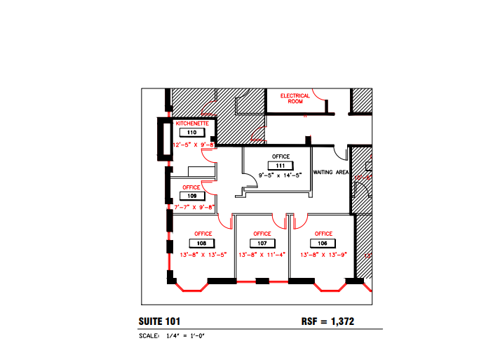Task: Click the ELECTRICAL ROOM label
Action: pyautogui.click(x=295, y=98)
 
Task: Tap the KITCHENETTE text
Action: pyautogui.click(x=191, y=124)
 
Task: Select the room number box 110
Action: pyautogui.click(x=191, y=133)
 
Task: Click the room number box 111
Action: pyautogui.click(x=279, y=166)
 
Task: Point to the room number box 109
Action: pyautogui.click(x=192, y=196)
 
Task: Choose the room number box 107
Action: pyautogui.click(x=262, y=243)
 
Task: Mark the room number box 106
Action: pyautogui.click(x=323, y=243)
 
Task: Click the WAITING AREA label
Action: pyautogui.click(x=330, y=172)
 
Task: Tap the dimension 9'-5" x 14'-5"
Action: pyautogui.click(x=279, y=175)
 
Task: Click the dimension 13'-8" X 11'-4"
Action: pyautogui.click(x=262, y=255)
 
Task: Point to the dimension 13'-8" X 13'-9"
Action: pyautogui.click(x=323, y=255)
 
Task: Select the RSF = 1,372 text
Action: pyautogui.click(x=327, y=321)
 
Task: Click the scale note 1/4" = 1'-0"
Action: pyautogui.click(x=184, y=336)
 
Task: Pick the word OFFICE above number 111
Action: pyautogui.click(x=279, y=156)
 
